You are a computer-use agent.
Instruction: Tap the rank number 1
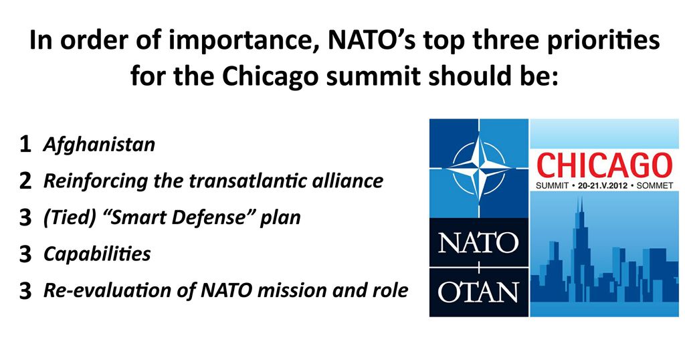pos(25,145)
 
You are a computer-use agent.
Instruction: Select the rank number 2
pos(25,181)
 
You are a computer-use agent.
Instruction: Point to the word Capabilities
pos(97,254)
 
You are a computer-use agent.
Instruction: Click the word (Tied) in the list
pos(70,217)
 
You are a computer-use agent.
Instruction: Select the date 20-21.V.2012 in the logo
pos(603,185)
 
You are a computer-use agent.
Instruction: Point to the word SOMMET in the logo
pos(655,185)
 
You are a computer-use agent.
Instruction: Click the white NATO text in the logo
pos(478,242)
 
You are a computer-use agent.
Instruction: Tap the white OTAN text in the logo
pos(478,292)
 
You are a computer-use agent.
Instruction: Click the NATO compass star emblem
pos(479,168)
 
